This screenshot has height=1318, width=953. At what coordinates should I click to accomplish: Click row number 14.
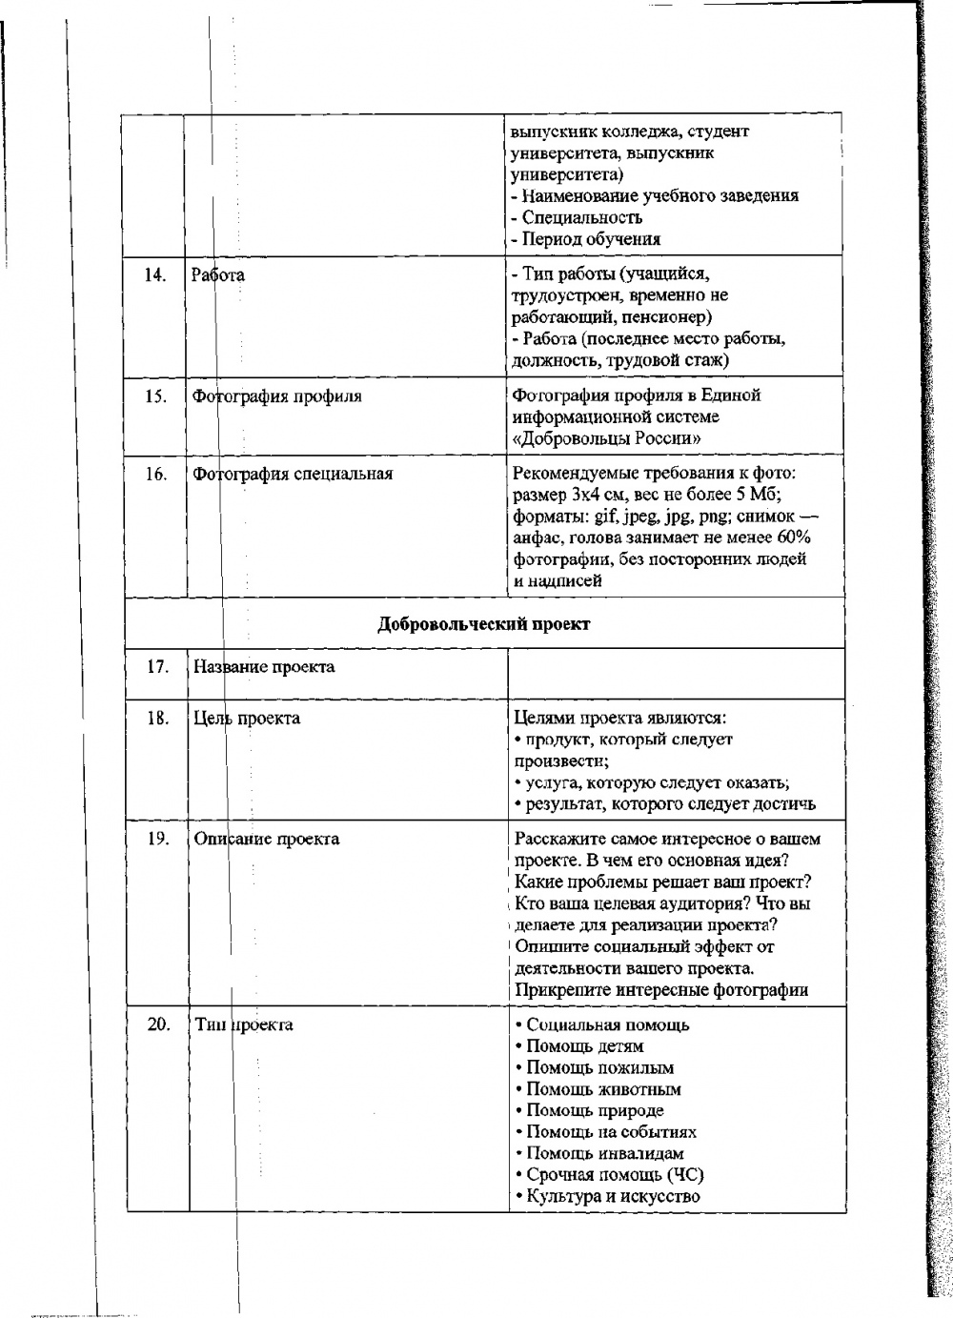(154, 275)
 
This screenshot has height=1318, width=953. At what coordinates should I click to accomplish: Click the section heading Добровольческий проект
(484, 624)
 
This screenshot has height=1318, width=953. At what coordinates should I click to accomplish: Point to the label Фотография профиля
(277, 396)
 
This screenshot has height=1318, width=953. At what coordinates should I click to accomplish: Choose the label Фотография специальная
(293, 473)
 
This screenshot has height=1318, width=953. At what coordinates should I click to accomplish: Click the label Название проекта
(264, 666)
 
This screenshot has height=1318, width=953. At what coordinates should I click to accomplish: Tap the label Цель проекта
(247, 718)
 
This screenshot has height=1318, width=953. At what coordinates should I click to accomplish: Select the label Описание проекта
(267, 839)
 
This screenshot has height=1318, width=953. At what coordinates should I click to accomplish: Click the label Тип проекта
(243, 1024)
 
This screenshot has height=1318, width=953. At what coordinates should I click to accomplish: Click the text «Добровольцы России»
(607, 438)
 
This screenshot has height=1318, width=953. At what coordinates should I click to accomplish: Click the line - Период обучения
(586, 239)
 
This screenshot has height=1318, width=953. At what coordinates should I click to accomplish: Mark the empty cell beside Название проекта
(677, 672)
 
